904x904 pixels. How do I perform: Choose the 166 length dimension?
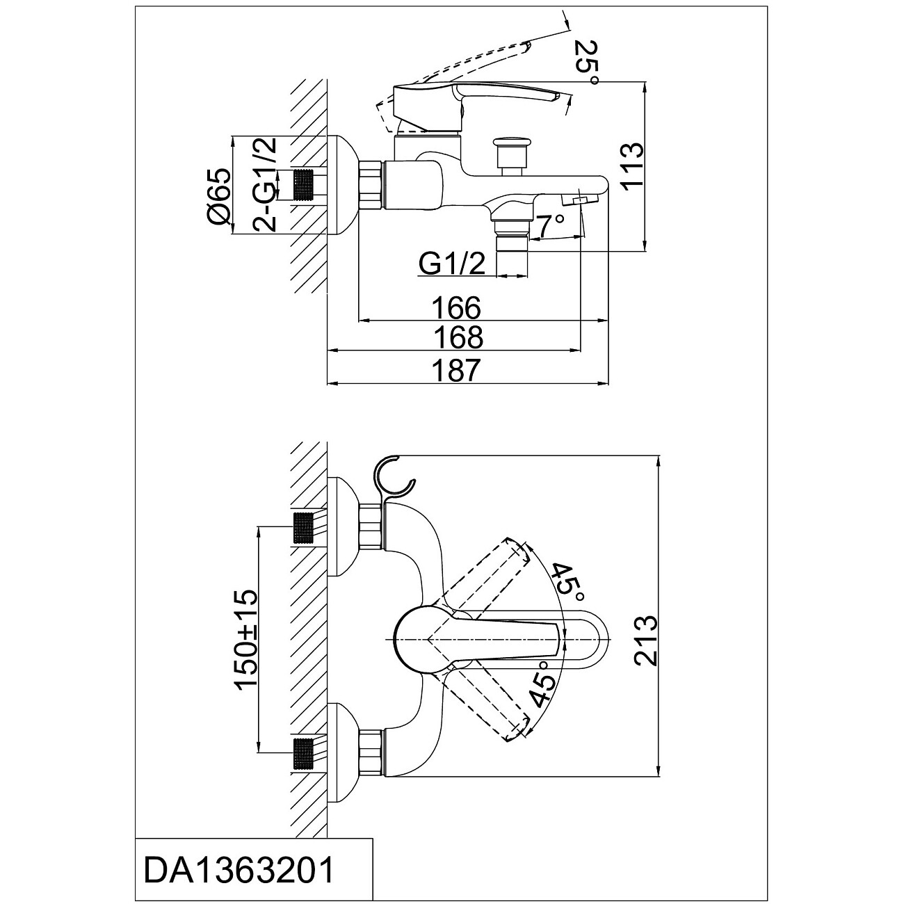pos(457,308)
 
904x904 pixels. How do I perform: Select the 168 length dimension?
pos(457,337)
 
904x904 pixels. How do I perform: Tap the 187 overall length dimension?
pos(457,371)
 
